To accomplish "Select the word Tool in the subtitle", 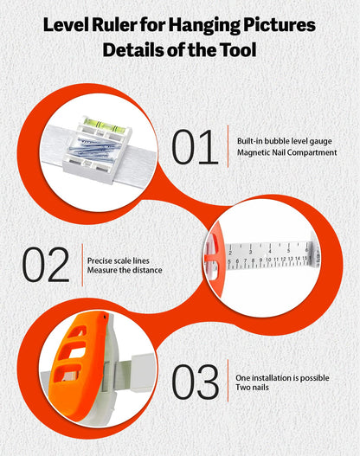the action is (238, 50).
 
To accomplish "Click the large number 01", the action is (195, 147).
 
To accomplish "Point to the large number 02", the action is (46, 265).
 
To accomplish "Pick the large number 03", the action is (195, 382).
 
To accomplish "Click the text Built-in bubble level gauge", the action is (285, 141).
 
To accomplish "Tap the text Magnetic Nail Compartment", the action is (287, 152).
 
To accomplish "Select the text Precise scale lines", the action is (119, 260).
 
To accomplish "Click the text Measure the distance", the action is (125, 270).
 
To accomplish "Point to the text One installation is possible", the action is (282, 378).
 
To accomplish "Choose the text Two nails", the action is (252, 388).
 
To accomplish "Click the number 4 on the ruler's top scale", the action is (269, 251).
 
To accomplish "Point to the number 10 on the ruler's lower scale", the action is (268, 260).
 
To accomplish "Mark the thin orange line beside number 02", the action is (82, 265).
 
